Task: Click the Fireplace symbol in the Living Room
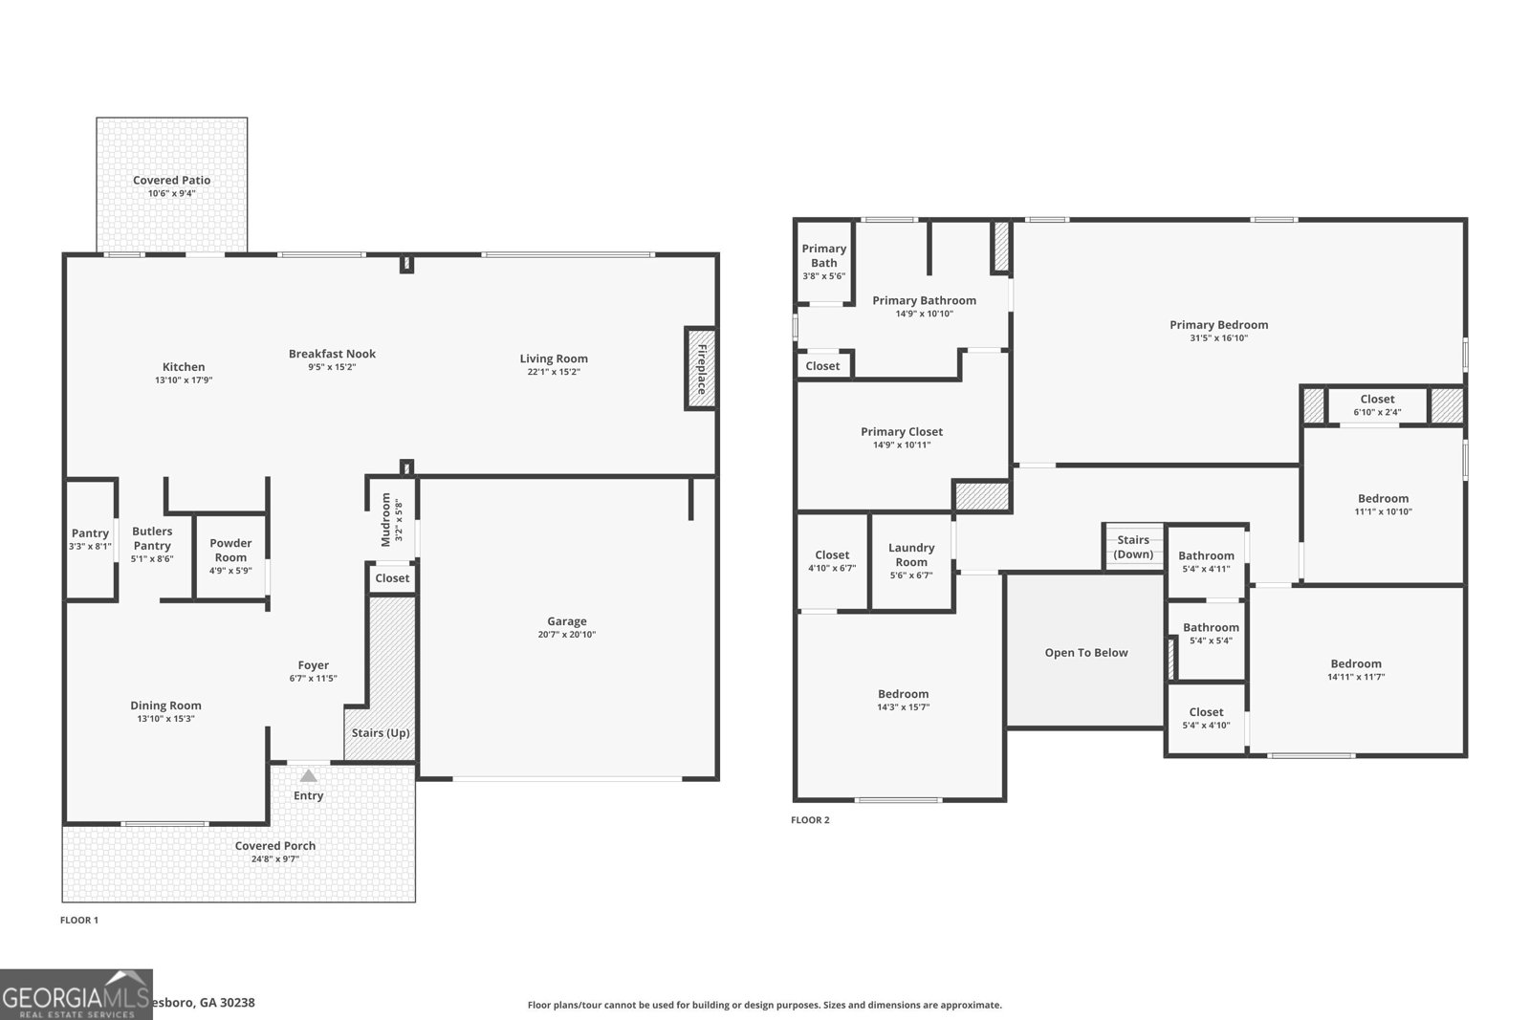point(700,369)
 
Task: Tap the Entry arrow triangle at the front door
point(308,776)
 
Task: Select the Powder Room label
point(230,550)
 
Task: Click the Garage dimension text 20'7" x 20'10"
point(566,635)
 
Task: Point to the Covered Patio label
point(171,180)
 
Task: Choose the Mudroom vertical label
point(386,519)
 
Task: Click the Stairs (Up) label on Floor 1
point(381,733)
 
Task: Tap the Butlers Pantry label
point(152,538)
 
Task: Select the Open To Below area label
point(1085,653)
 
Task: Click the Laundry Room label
point(910,554)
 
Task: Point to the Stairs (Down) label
point(1133,547)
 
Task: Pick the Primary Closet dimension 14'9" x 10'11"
point(901,445)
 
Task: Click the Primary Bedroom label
point(1218,325)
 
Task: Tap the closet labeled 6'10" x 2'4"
point(1377,405)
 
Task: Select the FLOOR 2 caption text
point(810,820)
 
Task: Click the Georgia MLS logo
point(76,994)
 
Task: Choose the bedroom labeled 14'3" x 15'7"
point(903,701)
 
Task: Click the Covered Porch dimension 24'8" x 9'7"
point(274,859)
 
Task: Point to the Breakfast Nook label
point(332,354)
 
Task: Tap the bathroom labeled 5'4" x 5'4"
point(1210,634)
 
